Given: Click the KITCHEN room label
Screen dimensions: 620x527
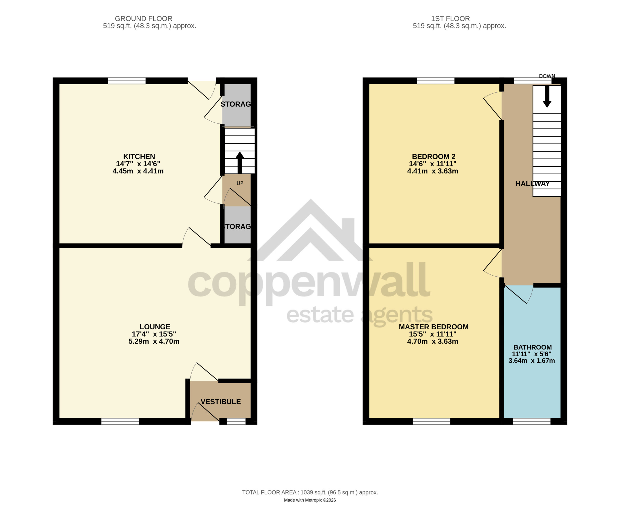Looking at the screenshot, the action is (x=139, y=156).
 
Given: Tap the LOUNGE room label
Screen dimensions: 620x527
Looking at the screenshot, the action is (x=155, y=327).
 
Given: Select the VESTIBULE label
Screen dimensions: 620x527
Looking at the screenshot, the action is (x=220, y=402).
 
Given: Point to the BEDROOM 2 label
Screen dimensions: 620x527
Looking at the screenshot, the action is (x=434, y=156).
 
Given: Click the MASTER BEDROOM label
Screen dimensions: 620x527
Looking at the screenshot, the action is (x=434, y=327).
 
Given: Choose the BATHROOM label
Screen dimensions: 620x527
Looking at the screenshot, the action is (x=533, y=347).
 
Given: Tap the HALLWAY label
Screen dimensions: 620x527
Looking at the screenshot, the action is (x=533, y=184).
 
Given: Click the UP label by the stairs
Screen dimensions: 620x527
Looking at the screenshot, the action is (x=240, y=183).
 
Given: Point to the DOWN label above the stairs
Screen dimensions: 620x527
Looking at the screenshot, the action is (x=547, y=76).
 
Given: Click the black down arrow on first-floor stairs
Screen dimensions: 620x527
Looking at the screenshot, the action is (x=547, y=96).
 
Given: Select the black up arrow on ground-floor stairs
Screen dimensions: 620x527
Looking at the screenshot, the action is (x=240, y=163).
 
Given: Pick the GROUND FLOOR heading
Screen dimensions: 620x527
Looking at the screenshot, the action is (x=143, y=18).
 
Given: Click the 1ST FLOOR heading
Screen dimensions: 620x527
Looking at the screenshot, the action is (x=450, y=18).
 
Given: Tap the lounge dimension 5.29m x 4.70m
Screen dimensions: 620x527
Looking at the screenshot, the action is (x=154, y=341).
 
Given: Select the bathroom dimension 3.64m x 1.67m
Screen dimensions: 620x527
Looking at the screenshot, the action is (x=532, y=361).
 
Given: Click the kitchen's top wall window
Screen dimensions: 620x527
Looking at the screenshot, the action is (x=127, y=81).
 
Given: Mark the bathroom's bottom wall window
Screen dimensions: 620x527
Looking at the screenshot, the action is (x=532, y=421).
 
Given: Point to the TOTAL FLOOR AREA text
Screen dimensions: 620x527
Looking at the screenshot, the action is (x=310, y=492).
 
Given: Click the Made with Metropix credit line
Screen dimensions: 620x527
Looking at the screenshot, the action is (x=310, y=500).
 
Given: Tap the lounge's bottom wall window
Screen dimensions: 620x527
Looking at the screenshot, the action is (x=120, y=421).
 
